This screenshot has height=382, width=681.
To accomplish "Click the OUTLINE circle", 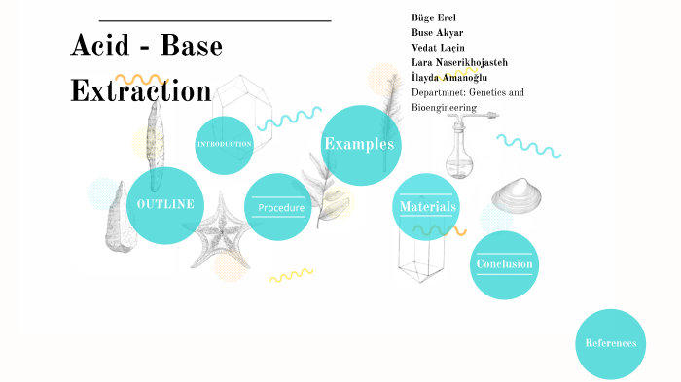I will pyautogui.click(x=165, y=204).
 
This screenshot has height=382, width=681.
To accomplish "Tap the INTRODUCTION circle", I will pyautogui.click(x=225, y=145).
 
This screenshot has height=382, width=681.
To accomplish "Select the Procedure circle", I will pyautogui.click(x=279, y=207).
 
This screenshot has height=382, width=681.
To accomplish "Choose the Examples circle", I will pyautogui.click(x=361, y=145).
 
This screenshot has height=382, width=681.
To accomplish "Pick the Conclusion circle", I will pyautogui.click(x=504, y=264).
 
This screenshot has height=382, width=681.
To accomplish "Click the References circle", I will pyautogui.click(x=611, y=343).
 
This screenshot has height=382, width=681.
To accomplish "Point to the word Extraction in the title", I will pyautogui.click(x=141, y=90).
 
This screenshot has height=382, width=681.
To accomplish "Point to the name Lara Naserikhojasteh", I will pyautogui.click(x=459, y=62).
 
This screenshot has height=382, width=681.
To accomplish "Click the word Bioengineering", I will pyautogui.click(x=444, y=107).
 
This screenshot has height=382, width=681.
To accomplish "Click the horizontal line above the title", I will pyautogui.click(x=215, y=20).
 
